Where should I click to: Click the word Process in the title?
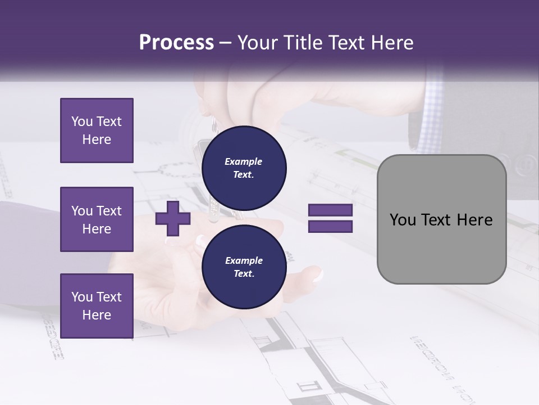coord(176,43)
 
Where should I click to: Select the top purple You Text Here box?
coord(97,130)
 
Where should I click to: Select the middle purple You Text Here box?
coord(97,219)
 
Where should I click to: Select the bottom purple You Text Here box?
coord(97,305)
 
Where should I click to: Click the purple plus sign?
coord(173,218)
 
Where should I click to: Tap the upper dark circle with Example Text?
coord(244,168)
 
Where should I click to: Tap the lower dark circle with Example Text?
coord(244,267)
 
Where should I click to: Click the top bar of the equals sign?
coord(330,210)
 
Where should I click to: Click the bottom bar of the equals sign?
coord(330,227)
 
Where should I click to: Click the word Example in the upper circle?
coord(244,161)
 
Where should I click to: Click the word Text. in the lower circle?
coord(244,274)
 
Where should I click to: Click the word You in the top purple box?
coord(81,121)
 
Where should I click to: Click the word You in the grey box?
coord(403,220)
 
